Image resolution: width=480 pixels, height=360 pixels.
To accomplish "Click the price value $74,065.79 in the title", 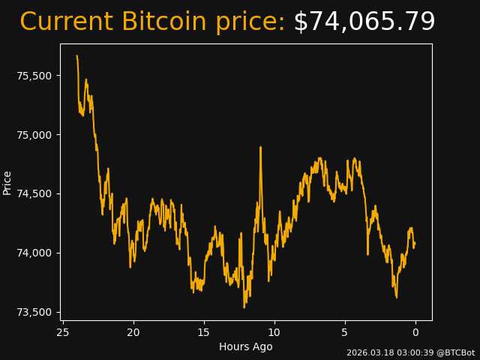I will [364, 22].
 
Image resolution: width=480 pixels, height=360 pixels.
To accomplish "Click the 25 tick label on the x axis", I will [63, 332].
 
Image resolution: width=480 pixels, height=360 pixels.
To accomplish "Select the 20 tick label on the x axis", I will [133, 332].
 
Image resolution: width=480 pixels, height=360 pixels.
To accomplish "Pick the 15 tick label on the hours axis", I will [204, 332].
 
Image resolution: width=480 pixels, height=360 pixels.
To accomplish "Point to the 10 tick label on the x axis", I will [274, 332].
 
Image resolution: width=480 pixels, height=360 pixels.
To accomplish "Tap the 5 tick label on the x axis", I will [345, 332].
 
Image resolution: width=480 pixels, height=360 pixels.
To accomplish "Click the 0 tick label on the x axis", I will [415, 332].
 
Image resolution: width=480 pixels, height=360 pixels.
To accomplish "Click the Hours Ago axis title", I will [246, 346].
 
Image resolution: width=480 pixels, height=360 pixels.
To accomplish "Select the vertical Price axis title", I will [7, 182].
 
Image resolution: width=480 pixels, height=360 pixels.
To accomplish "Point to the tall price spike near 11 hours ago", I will [261, 148].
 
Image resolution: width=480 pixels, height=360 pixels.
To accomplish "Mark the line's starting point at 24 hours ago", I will [76, 55].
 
